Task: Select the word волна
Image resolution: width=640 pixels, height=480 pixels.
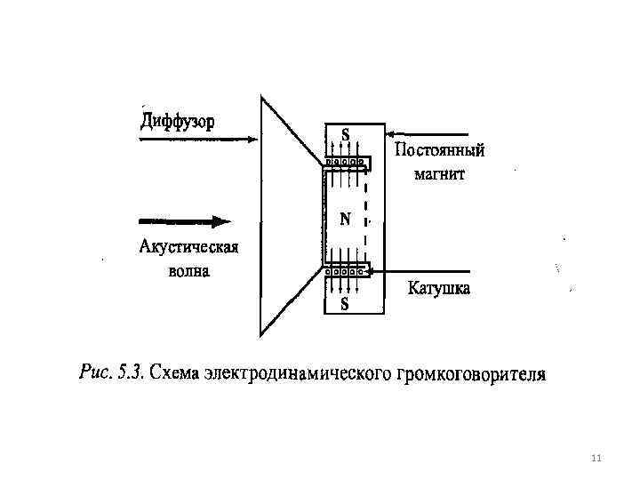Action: click(189, 270)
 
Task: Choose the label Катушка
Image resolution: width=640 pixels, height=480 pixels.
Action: click(439, 288)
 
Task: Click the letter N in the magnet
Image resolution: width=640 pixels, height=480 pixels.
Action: click(345, 219)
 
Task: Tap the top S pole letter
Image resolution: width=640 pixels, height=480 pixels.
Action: click(345, 135)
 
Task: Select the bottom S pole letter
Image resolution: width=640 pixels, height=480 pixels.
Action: click(345, 304)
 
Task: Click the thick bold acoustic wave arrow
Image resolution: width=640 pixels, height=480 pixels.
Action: click(185, 221)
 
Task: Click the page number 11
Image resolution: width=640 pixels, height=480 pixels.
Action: click(596, 458)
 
